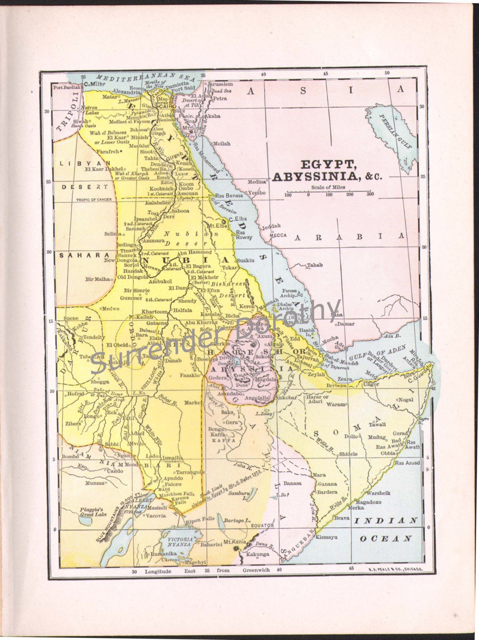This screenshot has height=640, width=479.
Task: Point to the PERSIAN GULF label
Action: (395, 131)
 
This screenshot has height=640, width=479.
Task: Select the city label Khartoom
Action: (154, 311)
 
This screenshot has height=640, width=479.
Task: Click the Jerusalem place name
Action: (220, 84)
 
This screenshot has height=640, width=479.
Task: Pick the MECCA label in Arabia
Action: (278, 235)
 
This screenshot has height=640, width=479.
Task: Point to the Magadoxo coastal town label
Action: (368, 502)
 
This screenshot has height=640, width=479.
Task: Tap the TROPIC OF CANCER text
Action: (94, 200)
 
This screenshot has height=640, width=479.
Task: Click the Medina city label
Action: (257, 182)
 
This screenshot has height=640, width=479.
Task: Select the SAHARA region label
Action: (84, 255)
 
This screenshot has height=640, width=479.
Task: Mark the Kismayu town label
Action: (326, 537)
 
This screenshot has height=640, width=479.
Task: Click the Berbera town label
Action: (336, 385)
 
